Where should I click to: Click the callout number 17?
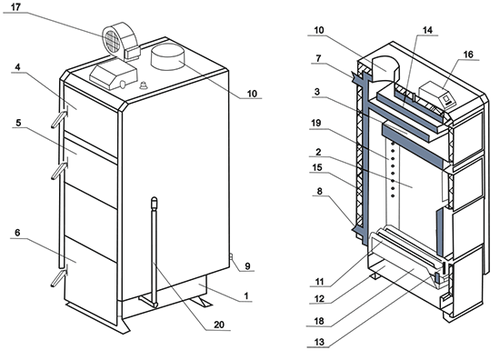15,7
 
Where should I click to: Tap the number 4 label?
17,67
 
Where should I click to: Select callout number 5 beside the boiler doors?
18,123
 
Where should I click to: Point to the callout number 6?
17,233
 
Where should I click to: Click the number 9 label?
247,266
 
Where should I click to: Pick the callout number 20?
219,325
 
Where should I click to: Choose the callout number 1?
245,295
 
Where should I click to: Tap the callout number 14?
427,30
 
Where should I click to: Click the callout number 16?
468,55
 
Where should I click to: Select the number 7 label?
318,59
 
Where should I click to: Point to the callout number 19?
315,123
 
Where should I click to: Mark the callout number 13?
319,342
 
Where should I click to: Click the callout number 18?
319,321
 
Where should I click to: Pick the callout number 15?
317,167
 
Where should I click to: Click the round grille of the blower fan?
111,41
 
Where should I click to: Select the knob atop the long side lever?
155,203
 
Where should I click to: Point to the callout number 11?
319,282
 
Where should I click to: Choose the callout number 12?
319,299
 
